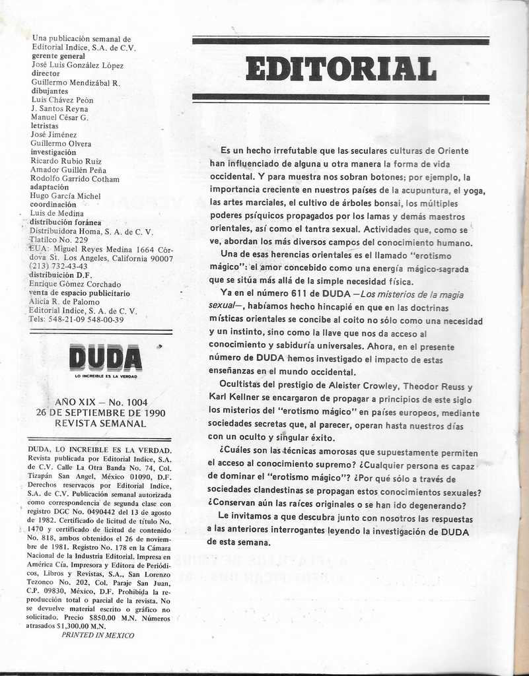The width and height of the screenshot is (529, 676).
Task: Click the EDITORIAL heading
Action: pyautogui.click(x=341, y=69)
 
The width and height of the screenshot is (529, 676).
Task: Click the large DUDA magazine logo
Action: pyautogui.click(x=106, y=358)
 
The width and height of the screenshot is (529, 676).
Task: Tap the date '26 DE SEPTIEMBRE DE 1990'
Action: pyautogui.click(x=100, y=413)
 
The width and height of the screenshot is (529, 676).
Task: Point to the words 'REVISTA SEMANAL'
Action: pyautogui.click(x=100, y=423)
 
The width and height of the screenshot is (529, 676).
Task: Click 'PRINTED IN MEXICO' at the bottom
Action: pyautogui.click(x=98, y=635)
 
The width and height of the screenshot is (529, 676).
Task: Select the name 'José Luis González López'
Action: pyautogui.click(x=77, y=65)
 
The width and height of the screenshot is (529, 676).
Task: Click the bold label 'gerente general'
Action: pyautogui.click(x=60, y=56)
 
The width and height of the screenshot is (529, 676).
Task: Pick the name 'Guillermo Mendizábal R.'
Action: pyautogui.click(x=76, y=83)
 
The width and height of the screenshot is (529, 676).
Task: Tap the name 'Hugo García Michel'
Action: pyautogui.click(x=65, y=196)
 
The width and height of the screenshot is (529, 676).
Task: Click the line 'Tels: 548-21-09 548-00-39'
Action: pyautogui.click(x=77, y=320)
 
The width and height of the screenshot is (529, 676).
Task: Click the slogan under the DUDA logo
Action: pyautogui.click(x=106, y=376)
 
